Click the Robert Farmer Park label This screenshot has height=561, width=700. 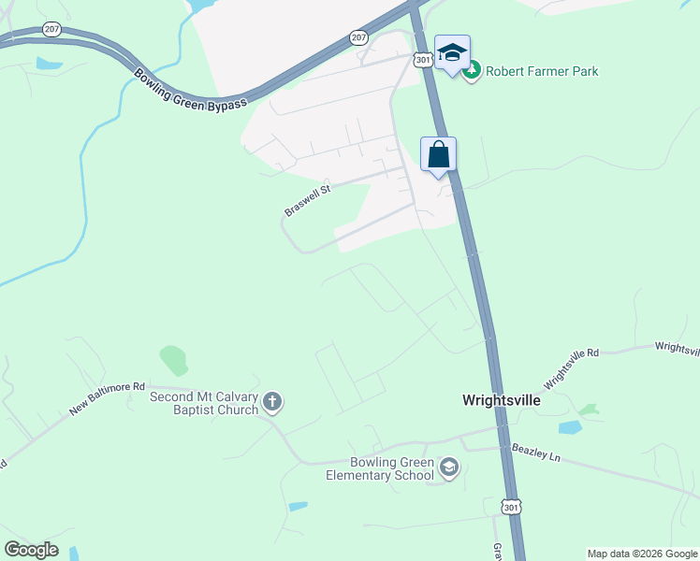tap(542, 71)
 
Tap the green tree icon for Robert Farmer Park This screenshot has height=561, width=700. tap(474, 70)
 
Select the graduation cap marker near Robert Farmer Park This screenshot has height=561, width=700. tap(452, 54)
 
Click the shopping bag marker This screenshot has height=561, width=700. tap(438, 155)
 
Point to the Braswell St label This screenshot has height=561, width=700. tap(308, 200)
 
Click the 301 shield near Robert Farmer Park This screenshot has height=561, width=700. tap(424, 60)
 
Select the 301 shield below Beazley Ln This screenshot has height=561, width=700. tap(509, 507)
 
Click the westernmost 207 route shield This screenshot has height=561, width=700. tap(51, 30)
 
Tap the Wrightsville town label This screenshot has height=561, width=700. tap(502, 400)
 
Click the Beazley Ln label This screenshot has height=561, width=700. tap(535, 453)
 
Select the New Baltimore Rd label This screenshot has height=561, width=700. tap(108, 398)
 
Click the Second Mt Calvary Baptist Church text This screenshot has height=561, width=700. tap(204, 403)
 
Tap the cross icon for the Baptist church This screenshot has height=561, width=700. tap(272, 403)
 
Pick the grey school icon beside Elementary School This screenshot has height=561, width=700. tap(449, 467)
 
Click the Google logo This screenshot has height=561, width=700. tap(31, 550)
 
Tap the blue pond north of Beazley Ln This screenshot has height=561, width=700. tap(569, 427)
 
